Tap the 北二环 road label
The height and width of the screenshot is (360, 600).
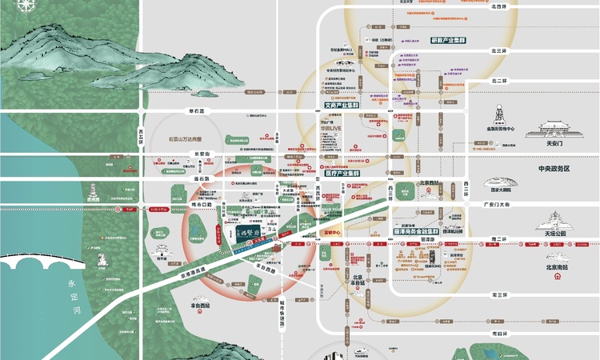501,80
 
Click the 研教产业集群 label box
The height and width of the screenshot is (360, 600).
449,39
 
